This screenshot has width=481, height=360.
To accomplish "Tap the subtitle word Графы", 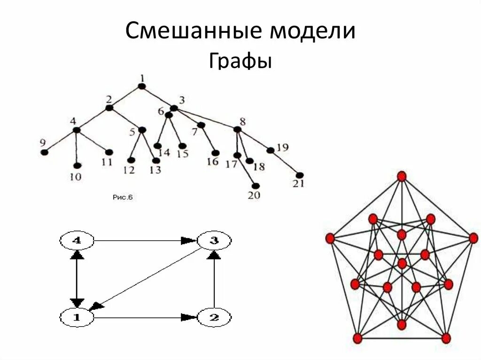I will point(240,61).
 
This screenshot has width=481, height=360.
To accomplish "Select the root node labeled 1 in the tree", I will point(142,86).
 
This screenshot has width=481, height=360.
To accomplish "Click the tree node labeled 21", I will point(300,175).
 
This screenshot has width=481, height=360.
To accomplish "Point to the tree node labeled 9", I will point(45,152).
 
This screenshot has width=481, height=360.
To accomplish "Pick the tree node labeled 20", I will point(256,186).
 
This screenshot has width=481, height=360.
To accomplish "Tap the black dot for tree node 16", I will point(216,153).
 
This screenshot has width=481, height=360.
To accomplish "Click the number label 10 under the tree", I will point(76,177).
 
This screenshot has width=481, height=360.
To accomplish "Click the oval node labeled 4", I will point(77,241).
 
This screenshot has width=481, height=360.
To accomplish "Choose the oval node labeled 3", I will point(214,241).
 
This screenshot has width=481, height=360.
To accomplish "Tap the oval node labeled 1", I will point(77,318).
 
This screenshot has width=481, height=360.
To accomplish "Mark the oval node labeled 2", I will point(214,318).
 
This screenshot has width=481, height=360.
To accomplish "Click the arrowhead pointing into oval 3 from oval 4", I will point(188,240).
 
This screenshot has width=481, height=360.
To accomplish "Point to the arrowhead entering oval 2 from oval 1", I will point(189,318).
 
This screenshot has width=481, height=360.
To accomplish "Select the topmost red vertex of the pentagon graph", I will point(401,176).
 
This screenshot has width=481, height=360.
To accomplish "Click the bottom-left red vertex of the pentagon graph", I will point(357,338).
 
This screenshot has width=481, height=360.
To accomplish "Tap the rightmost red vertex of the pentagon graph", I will point(473,238).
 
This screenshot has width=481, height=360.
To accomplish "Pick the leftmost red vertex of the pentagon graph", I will point(329,238).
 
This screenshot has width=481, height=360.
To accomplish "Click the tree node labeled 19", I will point(270,150).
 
